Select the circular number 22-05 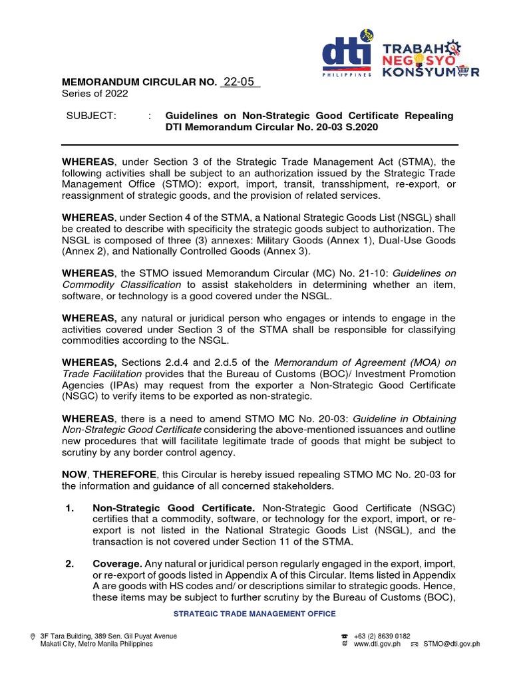pos(239,82)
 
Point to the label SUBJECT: pos(91,116)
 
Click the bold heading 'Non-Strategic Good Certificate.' pos(173,508)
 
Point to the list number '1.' pos(69,508)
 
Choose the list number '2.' pos(69,565)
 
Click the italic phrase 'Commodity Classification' pos(122,285)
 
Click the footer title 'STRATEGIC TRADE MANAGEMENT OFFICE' pos(255,614)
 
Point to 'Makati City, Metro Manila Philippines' pos(96,644)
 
